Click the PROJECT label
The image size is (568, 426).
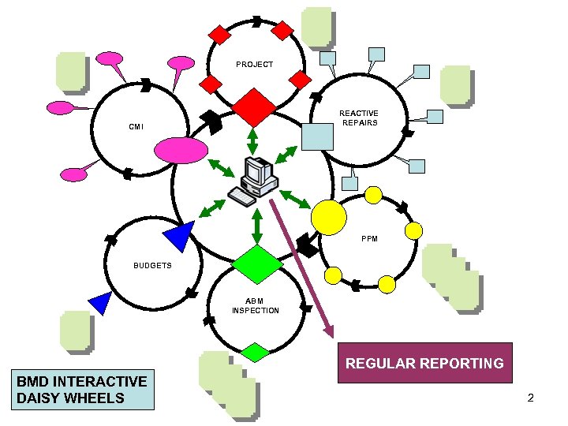click(x=254, y=65)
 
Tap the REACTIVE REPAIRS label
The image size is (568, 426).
click(x=358, y=118)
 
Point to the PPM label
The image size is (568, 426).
click(x=369, y=237)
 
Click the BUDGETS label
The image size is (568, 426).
click(x=152, y=266)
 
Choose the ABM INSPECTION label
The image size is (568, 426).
click(x=255, y=305)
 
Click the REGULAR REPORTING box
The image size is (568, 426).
click(x=425, y=363)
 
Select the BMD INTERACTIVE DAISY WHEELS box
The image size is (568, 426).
click(x=82, y=389)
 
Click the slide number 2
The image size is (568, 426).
click(x=531, y=398)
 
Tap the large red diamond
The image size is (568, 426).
click(x=253, y=107)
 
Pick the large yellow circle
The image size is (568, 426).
click(x=329, y=215)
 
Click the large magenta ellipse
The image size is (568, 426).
click(x=181, y=149)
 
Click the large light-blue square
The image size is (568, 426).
click(x=318, y=137)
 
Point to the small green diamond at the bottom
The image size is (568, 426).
click(x=255, y=351)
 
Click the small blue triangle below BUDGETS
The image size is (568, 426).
click(x=101, y=302)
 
